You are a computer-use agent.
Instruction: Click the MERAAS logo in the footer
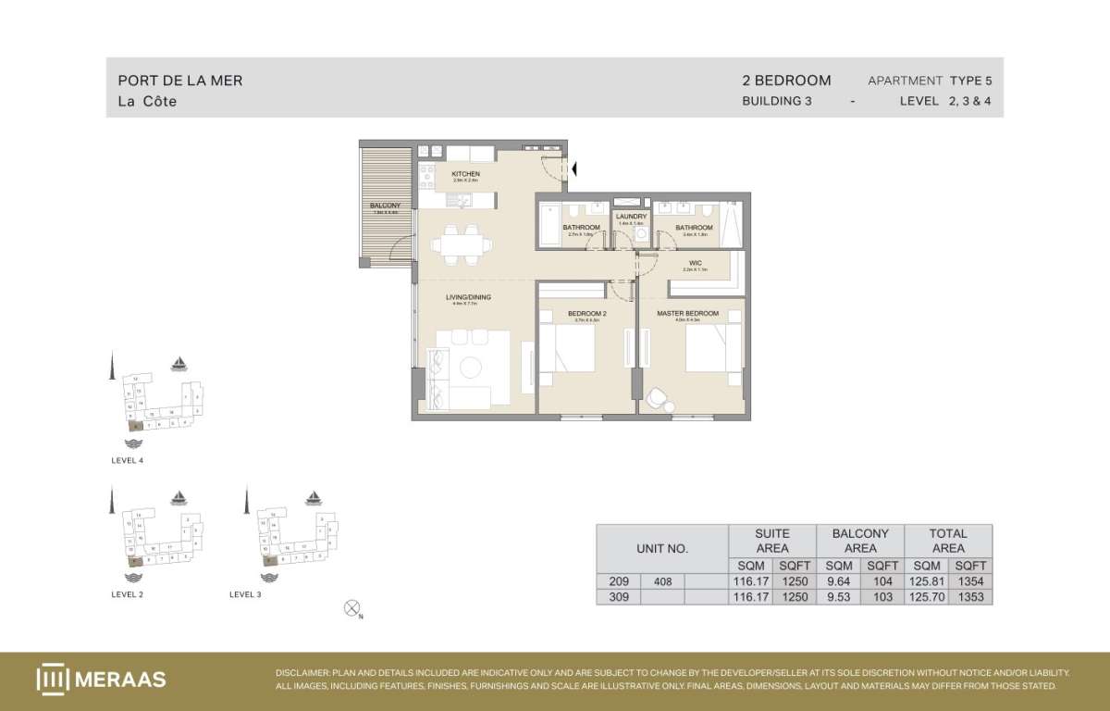coord(101,680)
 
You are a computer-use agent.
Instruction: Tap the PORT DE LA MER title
coord(180,81)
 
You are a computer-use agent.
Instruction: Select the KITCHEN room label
coord(465,174)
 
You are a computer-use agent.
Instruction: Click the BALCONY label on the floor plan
coord(384,206)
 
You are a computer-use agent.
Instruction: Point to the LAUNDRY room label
coord(632,217)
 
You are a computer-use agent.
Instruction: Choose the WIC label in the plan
coord(695,263)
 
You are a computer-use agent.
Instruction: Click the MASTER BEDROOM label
coord(687,314)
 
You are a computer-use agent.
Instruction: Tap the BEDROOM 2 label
coord(586,314)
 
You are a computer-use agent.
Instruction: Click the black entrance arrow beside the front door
coord(574,168)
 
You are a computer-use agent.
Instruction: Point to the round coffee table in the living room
coord(471,368)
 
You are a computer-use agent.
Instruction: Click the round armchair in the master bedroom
coord(658,397)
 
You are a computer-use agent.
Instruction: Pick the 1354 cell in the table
coord(970,581)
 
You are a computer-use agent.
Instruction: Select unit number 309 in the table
coord(618,597)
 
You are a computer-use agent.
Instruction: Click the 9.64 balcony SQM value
coord(839,581)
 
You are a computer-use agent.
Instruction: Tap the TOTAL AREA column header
coord(948,541)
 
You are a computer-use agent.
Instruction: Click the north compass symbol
coord(351,608)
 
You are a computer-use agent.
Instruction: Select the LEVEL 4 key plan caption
coord(127,460)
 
